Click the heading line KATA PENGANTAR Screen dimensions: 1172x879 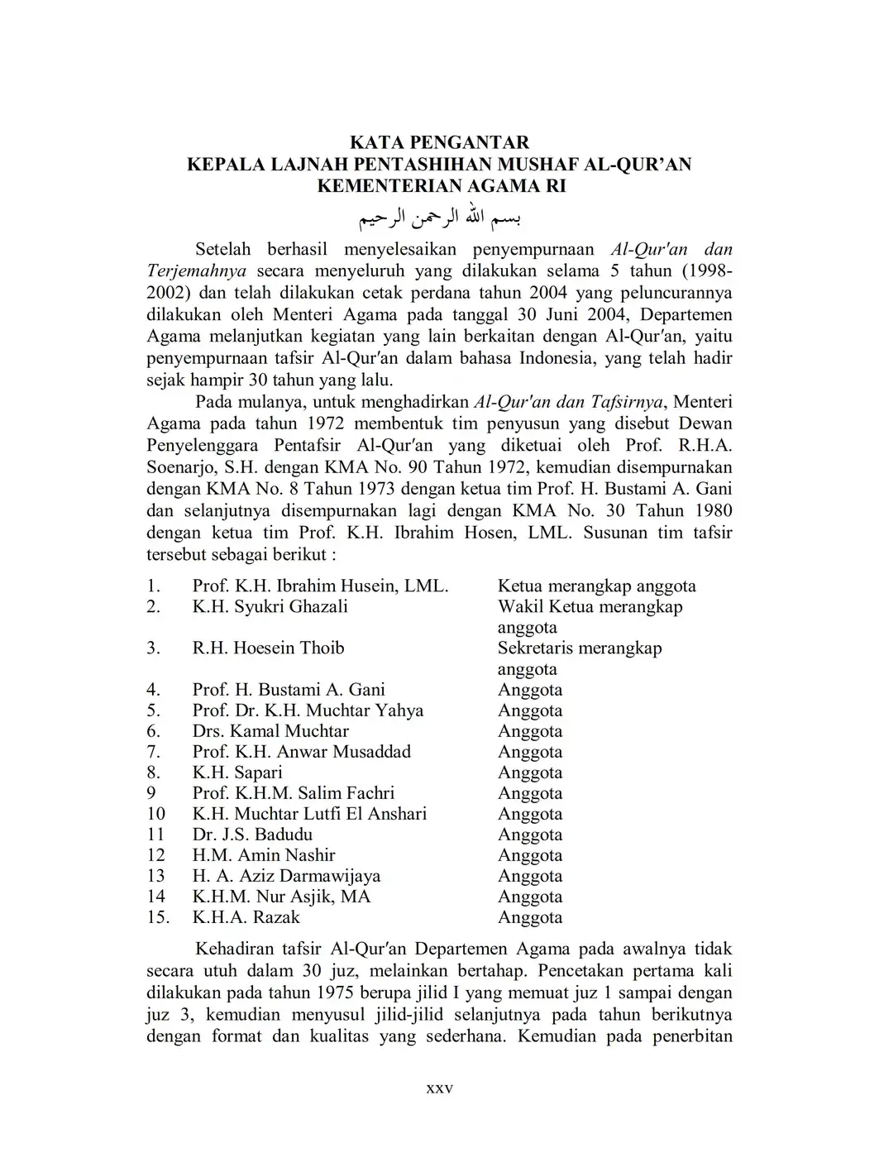pyautogui.click(x=439, y=142)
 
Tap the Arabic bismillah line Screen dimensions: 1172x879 pyautogui.click(x=439, y=219)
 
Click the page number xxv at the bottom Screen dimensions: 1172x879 pyautogui.click(x=439, y=1088)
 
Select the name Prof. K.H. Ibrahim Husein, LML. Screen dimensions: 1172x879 pyautogui.click(x=320, y=586)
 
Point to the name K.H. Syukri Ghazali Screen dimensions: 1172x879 pyautogui.click(x=270, y=607)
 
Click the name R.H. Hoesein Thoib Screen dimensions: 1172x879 pyautogui.click(x=268, y=648)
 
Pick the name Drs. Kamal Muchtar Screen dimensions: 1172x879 pyautogui.click(x=270, y=731)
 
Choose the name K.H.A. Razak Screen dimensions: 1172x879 pyautogui.click(x=246, y=917)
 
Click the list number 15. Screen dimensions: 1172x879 pyautogui.click(x=157, y=917)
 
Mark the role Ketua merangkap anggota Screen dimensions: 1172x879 pyautogui.click(x=596, y=586)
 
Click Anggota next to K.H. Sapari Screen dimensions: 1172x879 pyautogui.click(x=530, y=773)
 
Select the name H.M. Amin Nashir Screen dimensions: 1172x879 pyautogui.click(x=264, y=855)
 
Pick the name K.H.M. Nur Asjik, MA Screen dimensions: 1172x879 pyautogui.click(x=281, y=897)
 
